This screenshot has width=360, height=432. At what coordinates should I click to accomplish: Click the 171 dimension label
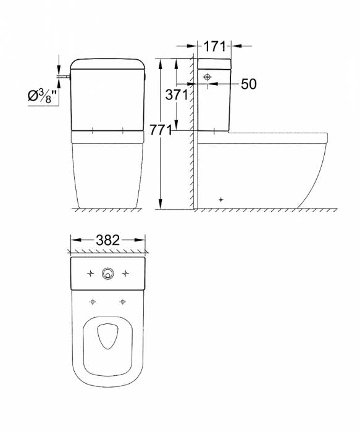pos(214,46)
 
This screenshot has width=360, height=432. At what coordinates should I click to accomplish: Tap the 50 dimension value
pos(249,84)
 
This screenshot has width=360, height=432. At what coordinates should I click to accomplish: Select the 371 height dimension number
pos(177,95)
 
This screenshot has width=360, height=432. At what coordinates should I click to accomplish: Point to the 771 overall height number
pos(161,130)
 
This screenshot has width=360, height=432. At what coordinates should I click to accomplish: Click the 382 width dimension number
pos(108,240)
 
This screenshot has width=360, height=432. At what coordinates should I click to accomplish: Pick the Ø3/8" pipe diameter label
pos(42,96)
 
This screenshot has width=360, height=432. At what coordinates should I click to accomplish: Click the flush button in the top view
pos(107,273)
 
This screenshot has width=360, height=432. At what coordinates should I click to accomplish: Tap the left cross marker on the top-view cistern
pos(90,273)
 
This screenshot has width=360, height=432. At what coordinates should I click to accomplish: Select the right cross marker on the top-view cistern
pos(125,273)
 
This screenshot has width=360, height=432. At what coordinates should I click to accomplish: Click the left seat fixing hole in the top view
pos(93,302)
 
